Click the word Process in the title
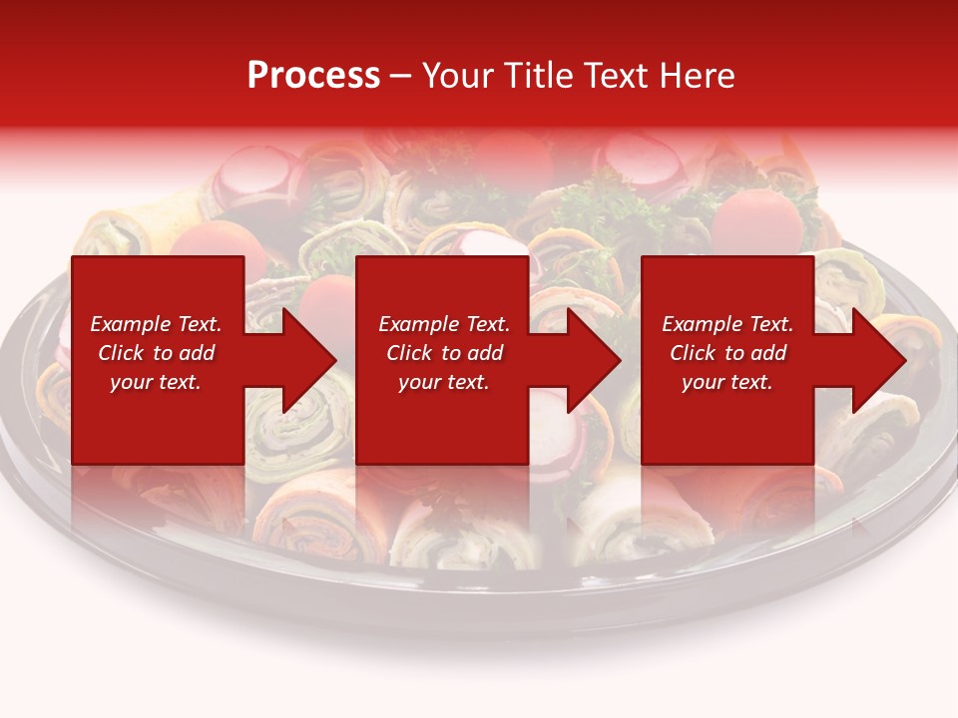coord(313,76)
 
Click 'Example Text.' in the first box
coord(156,324)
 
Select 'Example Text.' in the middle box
coord(444,324)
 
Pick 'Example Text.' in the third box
coord(727,324)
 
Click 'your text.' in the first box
coord(156,382)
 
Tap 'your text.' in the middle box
coord(444,382)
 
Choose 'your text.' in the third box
coord(727,382)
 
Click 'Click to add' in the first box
coord(156,353)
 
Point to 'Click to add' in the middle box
coord(444,353)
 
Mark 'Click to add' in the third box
coord(727,353)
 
